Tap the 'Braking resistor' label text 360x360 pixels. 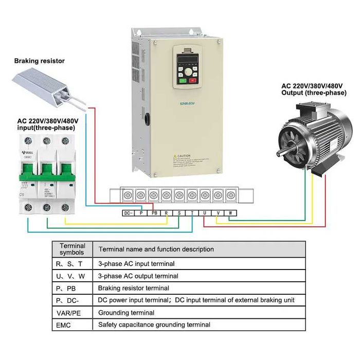coord(39,61)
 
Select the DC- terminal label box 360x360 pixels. coord(128,213)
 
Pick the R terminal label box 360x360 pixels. coord(167,213)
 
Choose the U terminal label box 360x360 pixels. coord(205,213)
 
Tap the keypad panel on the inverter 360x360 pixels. coord(186,66)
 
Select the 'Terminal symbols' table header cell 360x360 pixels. coord(73,249)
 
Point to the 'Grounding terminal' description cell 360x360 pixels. coord(126,312)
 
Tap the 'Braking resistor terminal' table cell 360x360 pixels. coord(133,288)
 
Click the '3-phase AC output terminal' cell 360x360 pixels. coord(138,276)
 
